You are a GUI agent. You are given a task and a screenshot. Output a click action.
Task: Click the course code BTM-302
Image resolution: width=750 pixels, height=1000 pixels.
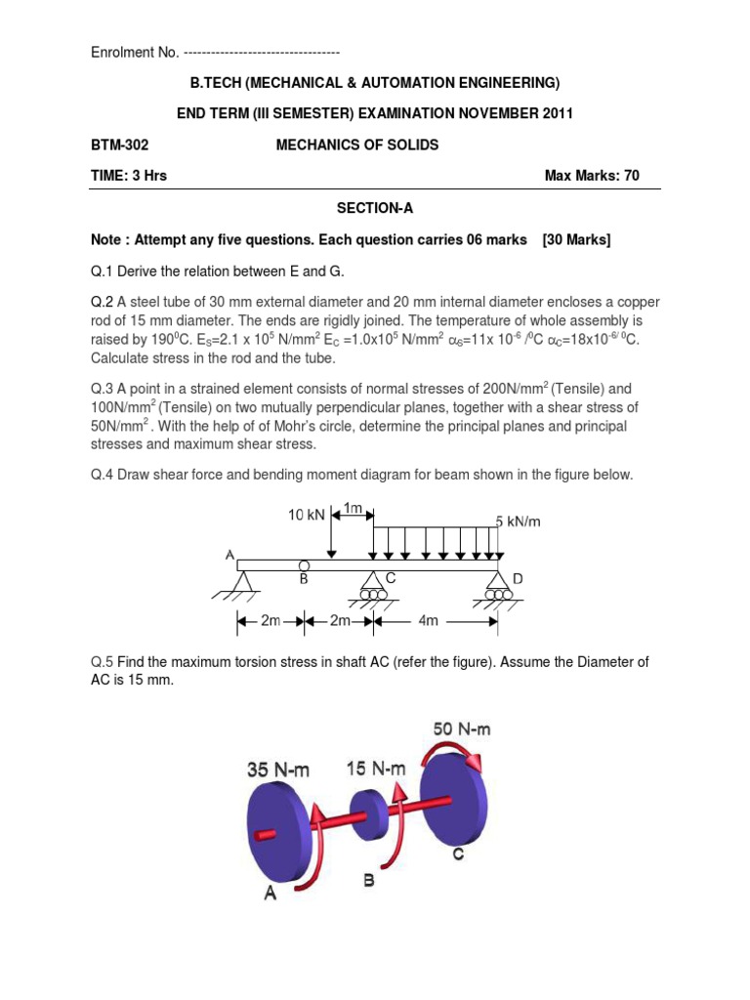[x=119, y=145]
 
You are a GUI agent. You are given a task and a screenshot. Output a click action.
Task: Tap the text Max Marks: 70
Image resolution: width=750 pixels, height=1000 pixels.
[x=592, y=176]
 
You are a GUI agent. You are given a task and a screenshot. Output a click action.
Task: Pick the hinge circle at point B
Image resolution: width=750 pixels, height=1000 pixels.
[x=306, y=564]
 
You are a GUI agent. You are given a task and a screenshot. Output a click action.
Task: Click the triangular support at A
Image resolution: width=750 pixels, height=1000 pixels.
[x=241, y=583]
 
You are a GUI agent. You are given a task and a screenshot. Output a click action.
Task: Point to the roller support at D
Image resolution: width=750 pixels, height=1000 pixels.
[x=498, y=586]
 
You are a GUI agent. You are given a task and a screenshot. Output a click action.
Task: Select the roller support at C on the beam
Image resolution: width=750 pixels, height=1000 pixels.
[x=373, y=586]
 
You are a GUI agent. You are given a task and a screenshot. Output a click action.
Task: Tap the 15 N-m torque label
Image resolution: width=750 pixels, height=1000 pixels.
[x=376, y=769]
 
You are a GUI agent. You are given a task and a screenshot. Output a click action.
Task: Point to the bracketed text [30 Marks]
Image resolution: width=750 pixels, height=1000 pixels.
[x=576, y=240]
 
